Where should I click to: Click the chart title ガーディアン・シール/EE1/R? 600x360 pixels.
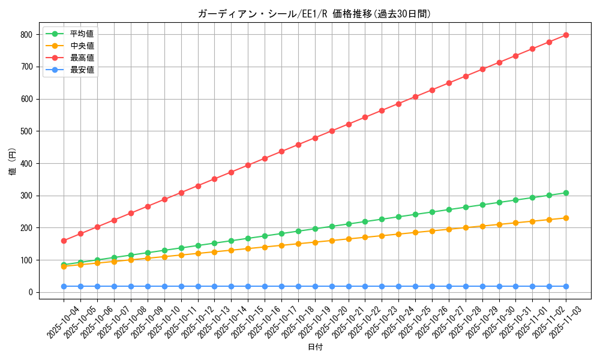tap(314, 14)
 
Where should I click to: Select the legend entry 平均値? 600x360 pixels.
tap(82, 34)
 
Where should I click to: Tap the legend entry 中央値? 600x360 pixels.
tap(82, 46)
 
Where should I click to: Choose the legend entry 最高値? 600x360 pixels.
tap(82, 58)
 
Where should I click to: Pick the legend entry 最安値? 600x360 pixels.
tap(82, 70)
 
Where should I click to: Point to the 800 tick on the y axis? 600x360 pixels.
tap(27, 35)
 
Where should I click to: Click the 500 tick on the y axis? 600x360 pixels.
tap(27, 131)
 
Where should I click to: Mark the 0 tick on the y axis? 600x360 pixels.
tap(32, 292)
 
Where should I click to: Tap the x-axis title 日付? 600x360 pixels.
tap(314, 347)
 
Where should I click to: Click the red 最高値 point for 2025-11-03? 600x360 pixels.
tap(566, 35)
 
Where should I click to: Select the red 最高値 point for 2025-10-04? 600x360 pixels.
tap(64, 241)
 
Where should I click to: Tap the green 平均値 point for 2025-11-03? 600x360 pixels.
tap(566, 193)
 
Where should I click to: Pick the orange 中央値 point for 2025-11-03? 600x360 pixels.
tap(566, 218)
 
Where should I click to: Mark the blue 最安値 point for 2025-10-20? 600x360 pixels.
tap(332, 286)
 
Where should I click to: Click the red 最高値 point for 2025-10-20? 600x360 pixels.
tap(332, 131)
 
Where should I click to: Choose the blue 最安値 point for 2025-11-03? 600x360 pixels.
tap(566, 286)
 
